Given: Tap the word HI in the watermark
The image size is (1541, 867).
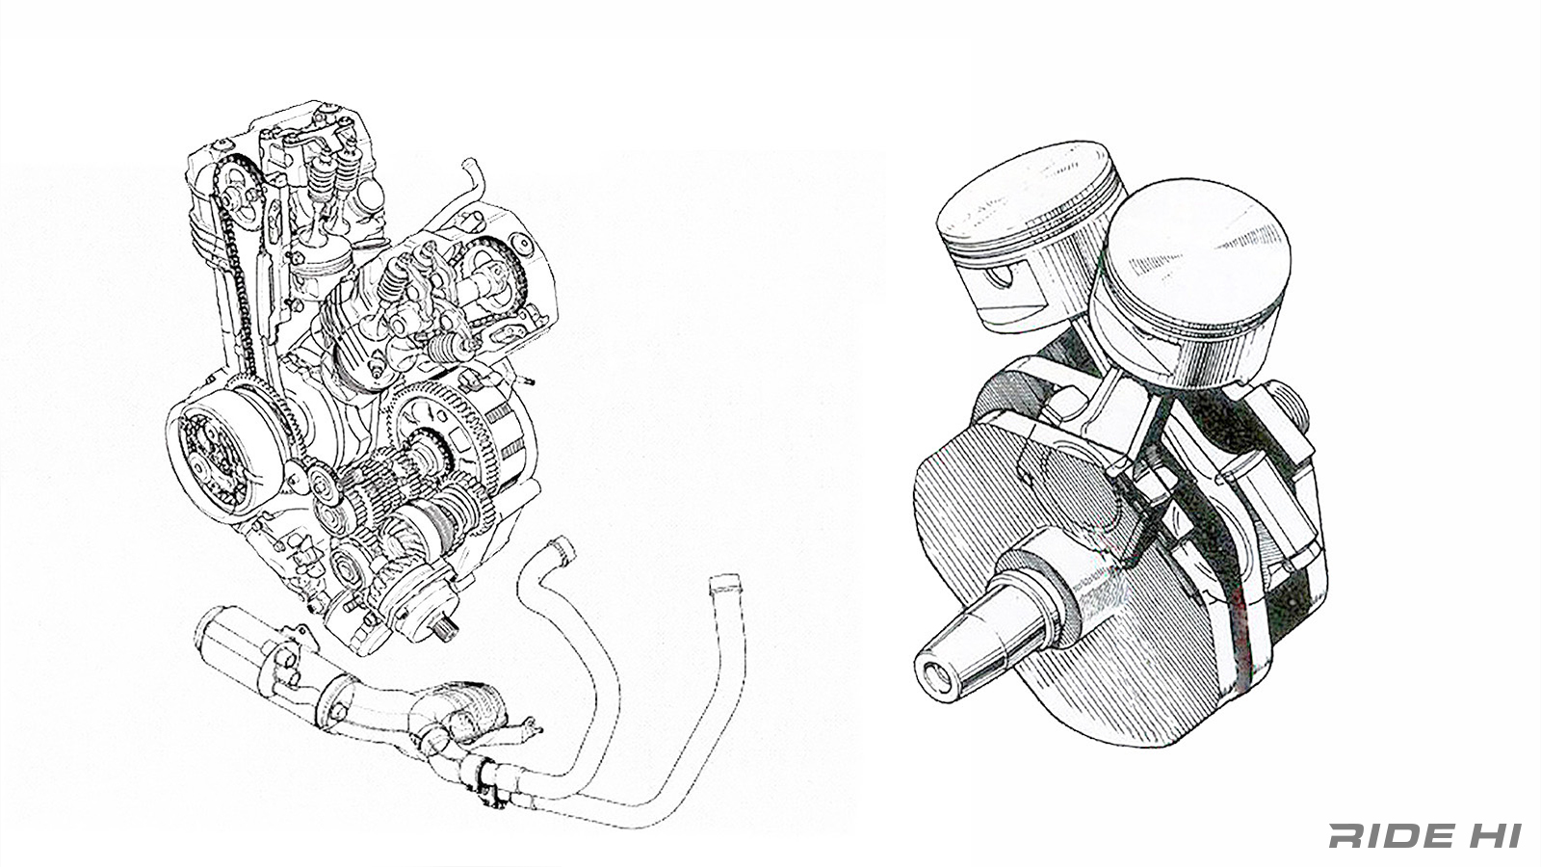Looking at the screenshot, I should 1492,835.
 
